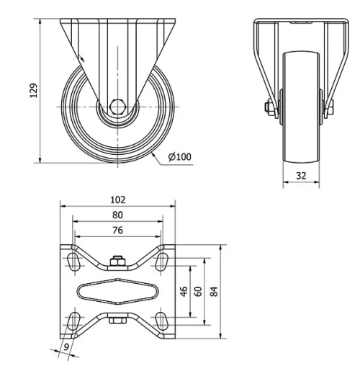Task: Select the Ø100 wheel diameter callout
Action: pos(179,156)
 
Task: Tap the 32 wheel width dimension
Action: pos(301,174)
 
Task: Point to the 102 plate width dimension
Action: pos(118,200)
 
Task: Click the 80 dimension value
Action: pos(118,215)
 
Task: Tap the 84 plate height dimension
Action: pos(213,291)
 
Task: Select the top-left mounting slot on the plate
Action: pos(73,261)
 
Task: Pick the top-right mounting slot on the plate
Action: pos(163,261)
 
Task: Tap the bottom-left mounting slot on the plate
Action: pos(73,321)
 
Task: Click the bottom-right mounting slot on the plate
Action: pos(163,321)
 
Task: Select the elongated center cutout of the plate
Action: pos(118,291)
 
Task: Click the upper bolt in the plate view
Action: pos(118,261)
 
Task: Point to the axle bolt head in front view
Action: pos(269,108)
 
